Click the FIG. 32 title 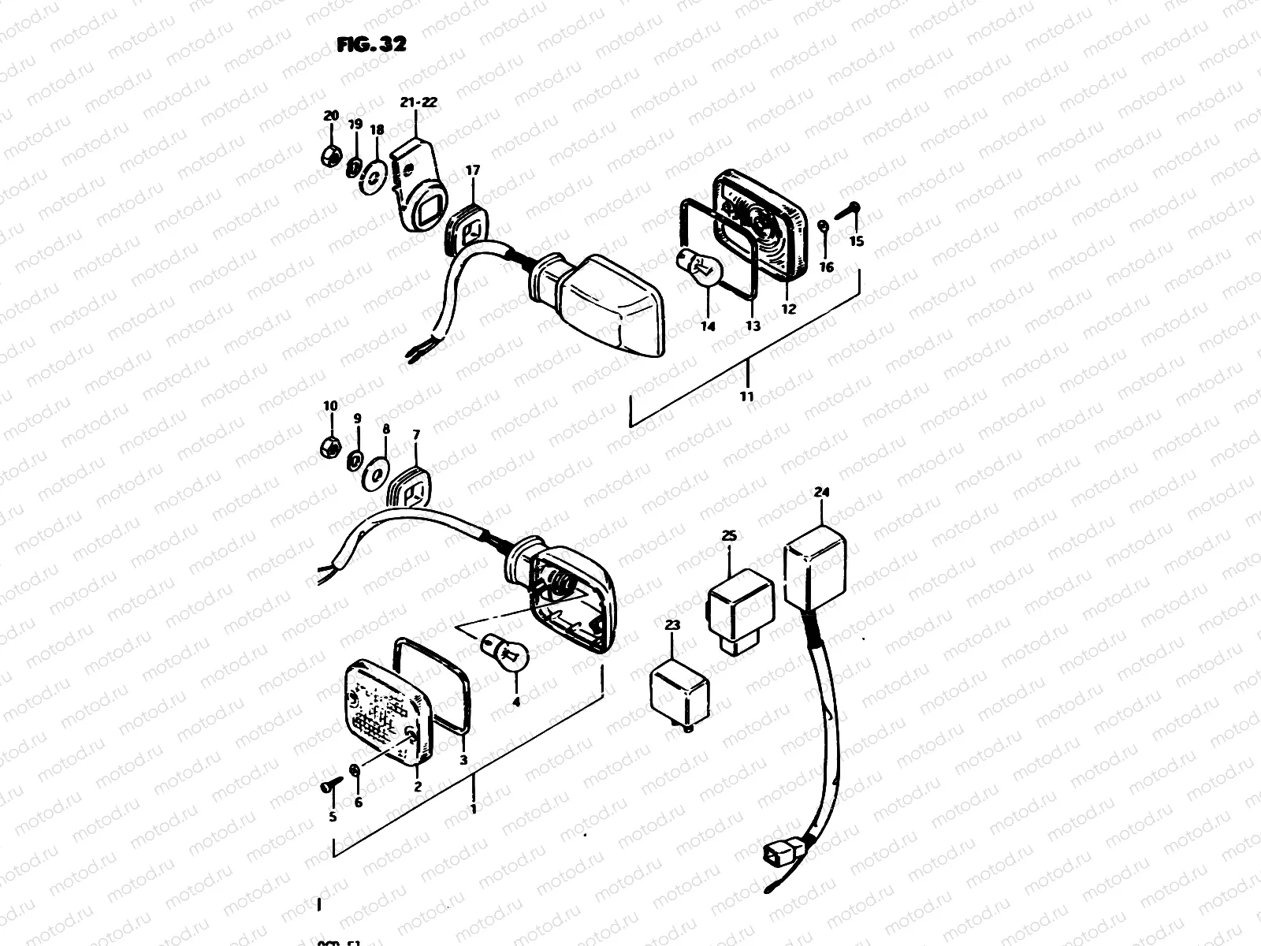pyautogui.click(x=370, y=44)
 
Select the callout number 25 pyautogui.click(x=729, y=536)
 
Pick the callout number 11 pyautogui.click(x=746, y=397)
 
